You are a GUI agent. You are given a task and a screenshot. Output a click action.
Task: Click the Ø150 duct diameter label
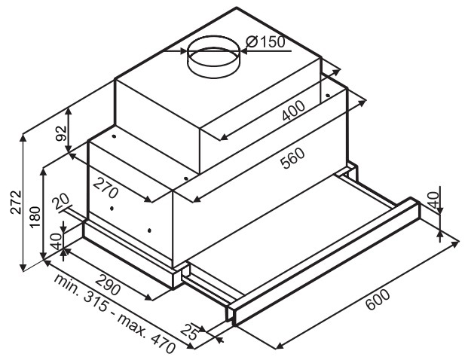[x=265, y=41]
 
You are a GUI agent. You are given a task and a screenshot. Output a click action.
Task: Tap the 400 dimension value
[x=294, y=111]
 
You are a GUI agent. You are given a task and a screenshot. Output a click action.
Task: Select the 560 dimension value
[x=294, y=158]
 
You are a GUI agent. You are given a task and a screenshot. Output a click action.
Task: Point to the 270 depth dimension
[x=106, y=188]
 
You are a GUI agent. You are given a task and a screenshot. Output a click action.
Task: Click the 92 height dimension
[x=61, y=133]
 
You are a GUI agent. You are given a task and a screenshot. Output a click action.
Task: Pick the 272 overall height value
[x=16, y=202]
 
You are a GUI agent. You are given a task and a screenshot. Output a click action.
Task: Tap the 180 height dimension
[x=35, y=217]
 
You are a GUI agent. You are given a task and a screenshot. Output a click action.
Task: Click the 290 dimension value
[x=108, y=285]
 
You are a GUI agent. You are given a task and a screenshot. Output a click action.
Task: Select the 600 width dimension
[x=378, y=300]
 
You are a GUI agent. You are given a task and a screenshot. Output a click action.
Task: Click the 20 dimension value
[x=60, y=202]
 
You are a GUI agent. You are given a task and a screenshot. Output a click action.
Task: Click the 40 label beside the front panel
[x=433, y=200]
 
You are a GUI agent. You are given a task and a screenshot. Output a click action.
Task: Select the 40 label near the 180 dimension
[x=56, y=241]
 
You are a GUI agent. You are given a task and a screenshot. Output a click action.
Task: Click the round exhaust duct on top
[x=213, y=56]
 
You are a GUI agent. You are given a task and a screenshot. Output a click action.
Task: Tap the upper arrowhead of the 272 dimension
[x=23, y=138]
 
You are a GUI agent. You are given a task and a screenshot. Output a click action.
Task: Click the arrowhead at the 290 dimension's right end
[x=148, y=297]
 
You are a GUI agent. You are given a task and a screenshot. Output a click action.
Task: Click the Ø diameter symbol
[x=252, y=41]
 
